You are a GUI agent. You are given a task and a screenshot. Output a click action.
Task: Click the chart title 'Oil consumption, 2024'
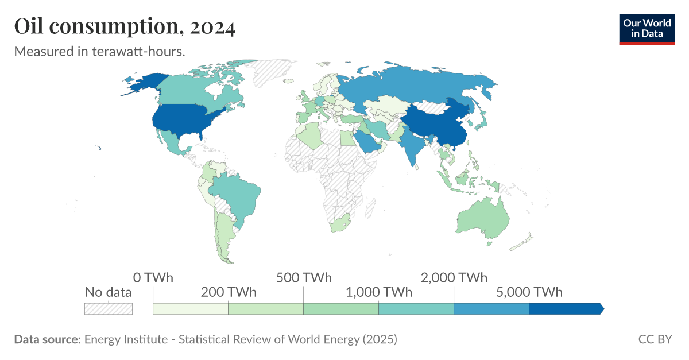pos(125,27)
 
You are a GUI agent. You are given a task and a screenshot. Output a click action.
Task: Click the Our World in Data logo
pos(647,29)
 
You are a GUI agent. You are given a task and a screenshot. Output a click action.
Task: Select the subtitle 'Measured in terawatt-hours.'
pos(99,51)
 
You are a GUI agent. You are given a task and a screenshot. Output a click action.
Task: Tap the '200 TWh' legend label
pos(229,292)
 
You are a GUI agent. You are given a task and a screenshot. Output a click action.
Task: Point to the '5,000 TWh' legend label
pos(529,292)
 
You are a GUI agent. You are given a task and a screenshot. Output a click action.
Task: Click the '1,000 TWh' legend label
pos(379,292)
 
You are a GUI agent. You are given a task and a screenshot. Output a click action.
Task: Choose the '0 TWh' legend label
pos(153,278)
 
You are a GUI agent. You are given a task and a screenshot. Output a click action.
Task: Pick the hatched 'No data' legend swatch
pos(109,308)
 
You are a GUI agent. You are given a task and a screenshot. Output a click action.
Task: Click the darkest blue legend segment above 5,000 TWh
pos(566,309)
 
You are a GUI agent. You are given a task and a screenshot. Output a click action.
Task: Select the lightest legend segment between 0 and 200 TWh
pos(191,309)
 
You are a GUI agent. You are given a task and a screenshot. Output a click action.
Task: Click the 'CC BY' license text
pos(655,339)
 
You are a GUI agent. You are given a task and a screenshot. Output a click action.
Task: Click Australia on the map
pos(482,218)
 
